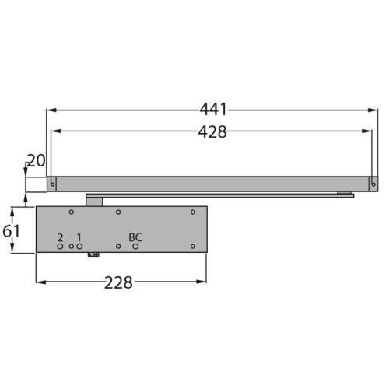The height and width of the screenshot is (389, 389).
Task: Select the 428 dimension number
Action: point(212,132)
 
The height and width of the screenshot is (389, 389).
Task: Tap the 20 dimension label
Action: point(36,161)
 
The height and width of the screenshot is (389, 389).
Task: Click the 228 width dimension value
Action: point(118,282)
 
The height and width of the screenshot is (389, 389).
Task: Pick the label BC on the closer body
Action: point(135,237)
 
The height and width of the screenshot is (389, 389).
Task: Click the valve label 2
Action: point(60,237)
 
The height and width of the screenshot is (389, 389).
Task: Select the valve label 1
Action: point(79,237)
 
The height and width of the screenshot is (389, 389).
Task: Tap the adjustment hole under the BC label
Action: point(135,247)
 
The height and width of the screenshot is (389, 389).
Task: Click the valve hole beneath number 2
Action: point(60,247)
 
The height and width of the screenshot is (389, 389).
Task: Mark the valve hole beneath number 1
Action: point(79,247)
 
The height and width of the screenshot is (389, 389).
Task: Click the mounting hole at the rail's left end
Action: point(52,184)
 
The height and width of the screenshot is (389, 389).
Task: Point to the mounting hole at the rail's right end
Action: point(373,184)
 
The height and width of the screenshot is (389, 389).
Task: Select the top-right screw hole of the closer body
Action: point(193,212)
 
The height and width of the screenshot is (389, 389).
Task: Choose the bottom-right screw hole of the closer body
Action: point(193,247)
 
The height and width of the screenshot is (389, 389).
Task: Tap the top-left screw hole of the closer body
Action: point(71,212)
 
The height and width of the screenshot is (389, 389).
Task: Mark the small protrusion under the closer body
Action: point(93,254)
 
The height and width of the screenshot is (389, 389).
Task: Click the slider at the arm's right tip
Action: point(343,194)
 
